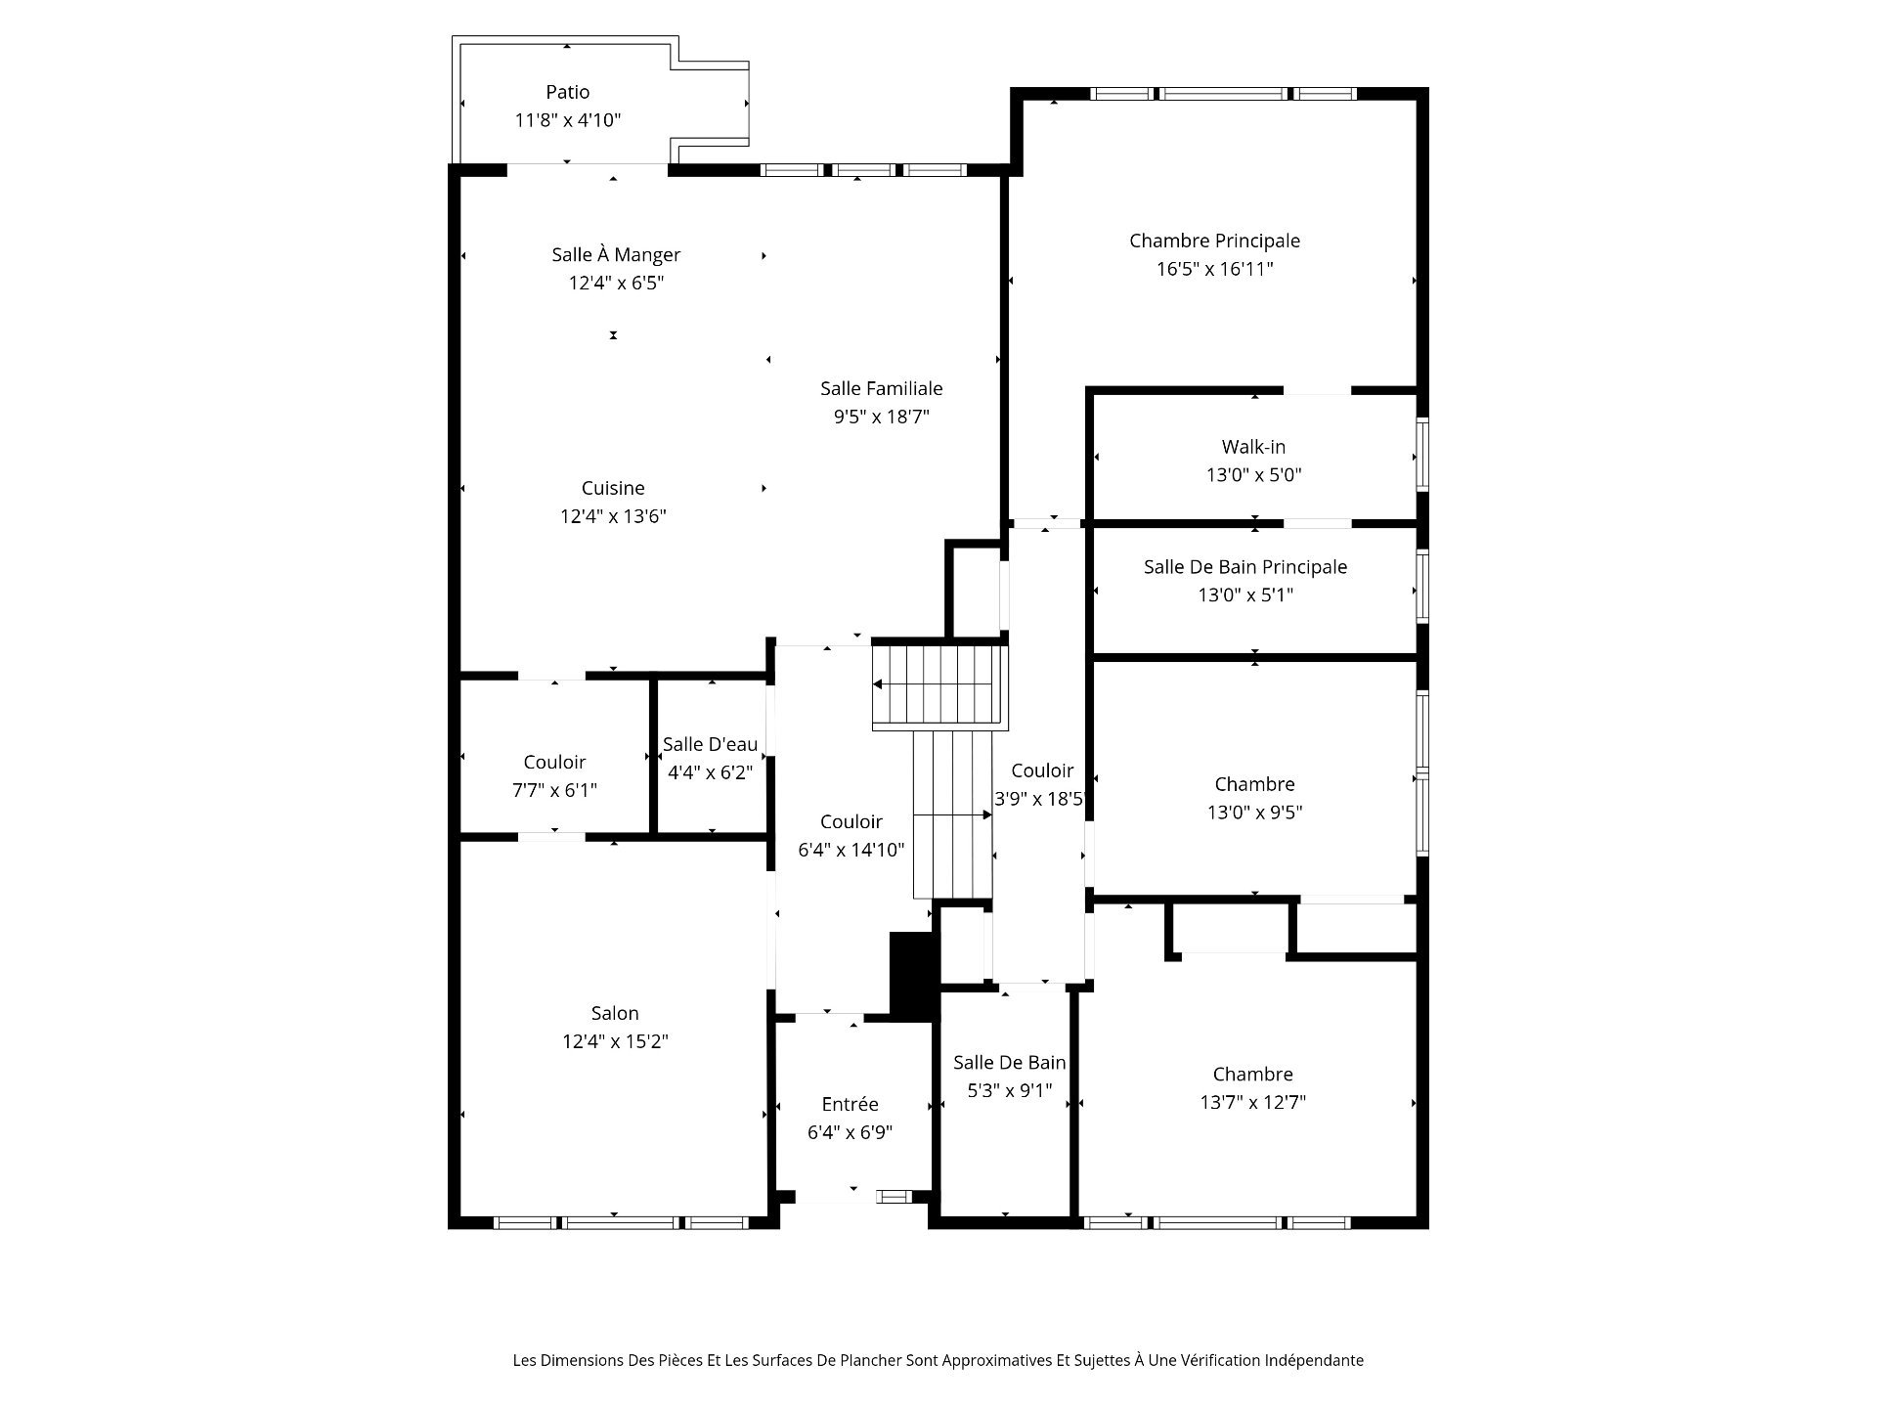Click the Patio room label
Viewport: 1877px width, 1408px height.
(x=568, y=92)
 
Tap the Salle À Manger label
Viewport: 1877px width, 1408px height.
(x=616, y=254)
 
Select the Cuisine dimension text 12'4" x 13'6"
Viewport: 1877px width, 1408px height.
(x=613, y=516)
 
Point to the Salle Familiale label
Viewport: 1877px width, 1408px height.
(x=882, y=388)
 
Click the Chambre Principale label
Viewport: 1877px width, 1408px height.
(x=1215, y=241)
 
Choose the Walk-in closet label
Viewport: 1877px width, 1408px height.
(x=1254, y=447)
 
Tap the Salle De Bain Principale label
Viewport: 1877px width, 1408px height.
(x=1245, y=567)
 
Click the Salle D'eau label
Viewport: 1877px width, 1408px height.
(x=711, y=744)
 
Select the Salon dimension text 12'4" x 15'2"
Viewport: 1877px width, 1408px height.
(x=615, y=1041)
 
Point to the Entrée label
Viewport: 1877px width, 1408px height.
(x=851, y=1104)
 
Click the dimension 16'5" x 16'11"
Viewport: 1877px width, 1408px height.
(x=1215, y=269)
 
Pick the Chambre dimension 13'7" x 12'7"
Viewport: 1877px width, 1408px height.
(x=1253, y=1102)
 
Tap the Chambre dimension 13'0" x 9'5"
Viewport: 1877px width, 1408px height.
(x=1255, y=812)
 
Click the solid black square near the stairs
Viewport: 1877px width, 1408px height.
(x=910, y=976)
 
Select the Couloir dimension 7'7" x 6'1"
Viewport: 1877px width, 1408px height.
(x=554, y=790)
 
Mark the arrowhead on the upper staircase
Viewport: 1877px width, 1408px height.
(x=878, y=684)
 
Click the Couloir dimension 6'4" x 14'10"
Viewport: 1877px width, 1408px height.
(x=851, y=850)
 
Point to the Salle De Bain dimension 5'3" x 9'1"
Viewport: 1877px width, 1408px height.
(x=1010, y=1090)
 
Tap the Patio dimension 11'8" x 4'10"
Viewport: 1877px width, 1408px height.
(x=568, y=120)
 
